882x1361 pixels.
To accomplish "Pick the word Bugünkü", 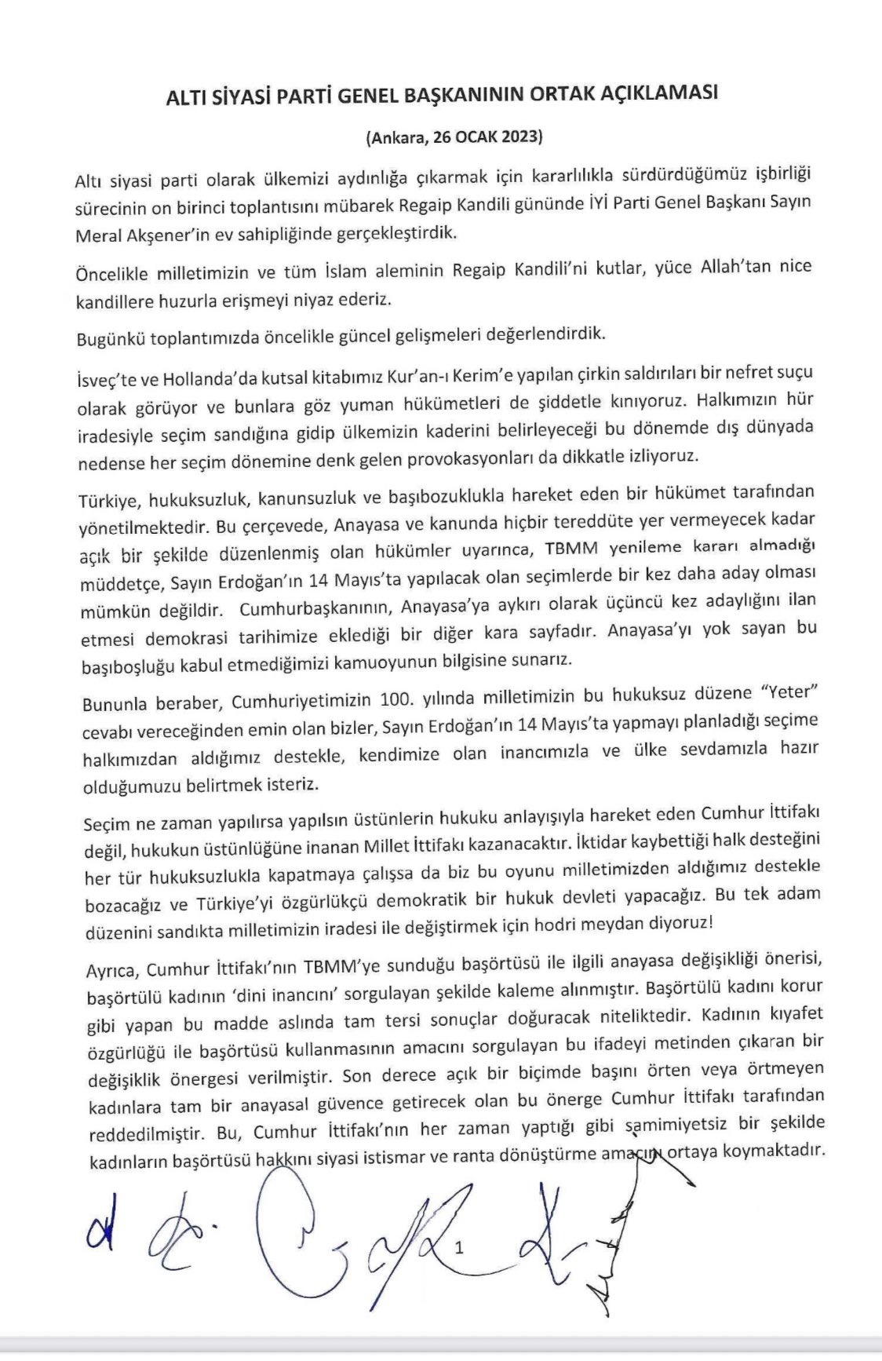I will click(x=111, y=338).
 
